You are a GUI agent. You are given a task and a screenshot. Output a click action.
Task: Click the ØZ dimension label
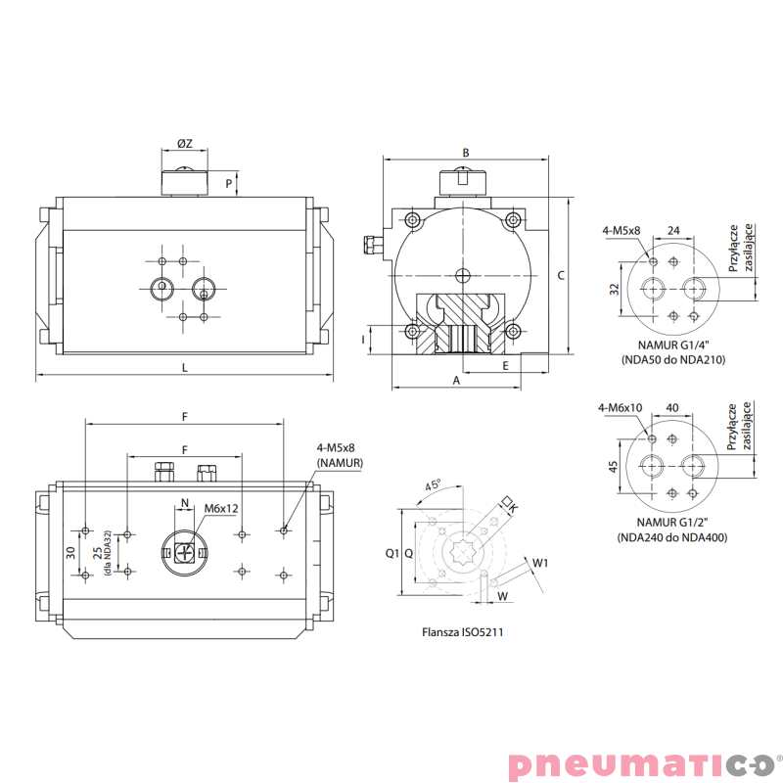click(x=185, y=144)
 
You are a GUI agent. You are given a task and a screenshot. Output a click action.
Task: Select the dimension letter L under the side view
click(x=185, y=368)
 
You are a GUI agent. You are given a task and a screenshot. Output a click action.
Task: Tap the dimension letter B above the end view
click(x=466, y=153)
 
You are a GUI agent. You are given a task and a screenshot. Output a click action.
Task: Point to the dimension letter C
click(x=561, y=276)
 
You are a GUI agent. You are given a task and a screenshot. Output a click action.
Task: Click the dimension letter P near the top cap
click(x=229, y=184)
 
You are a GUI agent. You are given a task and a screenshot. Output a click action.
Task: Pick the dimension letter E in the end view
click(x=505, y=366)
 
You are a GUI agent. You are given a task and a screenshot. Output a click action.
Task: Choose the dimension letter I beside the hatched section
click(x=363, y=340)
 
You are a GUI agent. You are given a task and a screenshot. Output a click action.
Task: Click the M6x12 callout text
click(x=221, y=508)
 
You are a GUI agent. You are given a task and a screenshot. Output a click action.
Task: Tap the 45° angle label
click(x=433, y=484)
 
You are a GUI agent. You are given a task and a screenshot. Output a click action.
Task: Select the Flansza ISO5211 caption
click(x=462, y=632)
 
